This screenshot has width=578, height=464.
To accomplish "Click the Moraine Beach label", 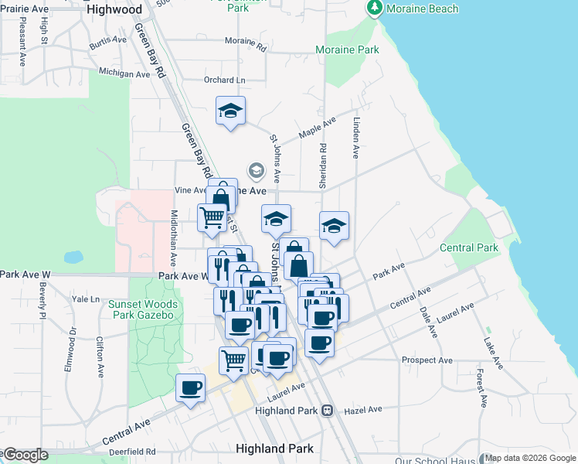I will [x=422, y=9].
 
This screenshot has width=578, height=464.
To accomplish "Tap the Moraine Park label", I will [x=347, y=49].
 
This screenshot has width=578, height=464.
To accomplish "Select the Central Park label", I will [x=468, y=247].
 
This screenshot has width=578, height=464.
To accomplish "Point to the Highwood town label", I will [x=115, y=9].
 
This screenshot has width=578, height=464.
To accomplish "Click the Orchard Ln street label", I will [x=224, y=80].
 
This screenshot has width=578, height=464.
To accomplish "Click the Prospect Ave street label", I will [x=427, y=360].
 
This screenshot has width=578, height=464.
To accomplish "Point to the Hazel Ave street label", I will [x=363, y=409].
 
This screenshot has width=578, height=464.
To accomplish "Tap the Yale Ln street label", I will [x=85, y=299].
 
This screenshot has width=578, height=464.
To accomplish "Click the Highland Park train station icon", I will [x=328, y=410].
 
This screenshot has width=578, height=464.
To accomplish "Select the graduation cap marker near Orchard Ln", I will [x=230, y=111].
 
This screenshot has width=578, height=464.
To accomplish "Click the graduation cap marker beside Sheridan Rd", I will [x=333, y=226].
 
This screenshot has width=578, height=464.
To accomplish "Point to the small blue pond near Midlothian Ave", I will [x=73, y=256].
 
